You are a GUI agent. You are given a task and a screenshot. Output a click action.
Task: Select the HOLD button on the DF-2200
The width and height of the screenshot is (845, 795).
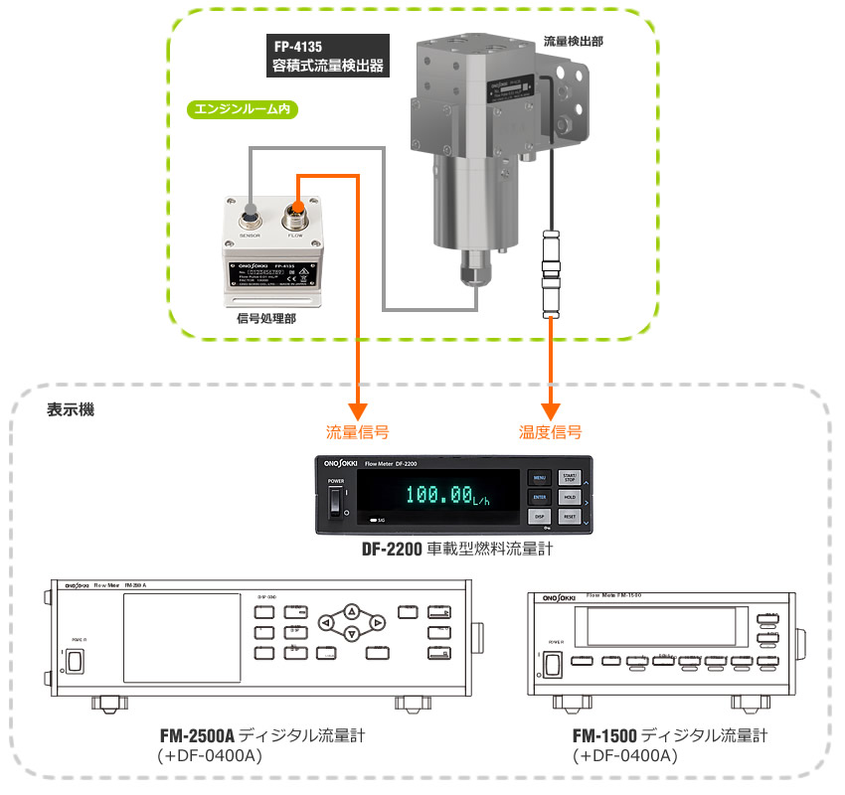(569, 496)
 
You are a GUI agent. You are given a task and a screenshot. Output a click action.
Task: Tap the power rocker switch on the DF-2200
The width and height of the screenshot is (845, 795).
(334, 504)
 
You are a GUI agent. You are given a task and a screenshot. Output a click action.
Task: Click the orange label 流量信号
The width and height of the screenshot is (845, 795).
(357, 432)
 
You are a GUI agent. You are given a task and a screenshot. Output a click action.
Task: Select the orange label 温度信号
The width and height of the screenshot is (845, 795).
(550, 432)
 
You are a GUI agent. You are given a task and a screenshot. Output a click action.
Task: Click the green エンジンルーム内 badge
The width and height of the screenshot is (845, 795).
(244, 108)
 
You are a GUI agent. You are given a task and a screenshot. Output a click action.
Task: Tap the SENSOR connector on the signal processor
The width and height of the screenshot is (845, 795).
(250, 213)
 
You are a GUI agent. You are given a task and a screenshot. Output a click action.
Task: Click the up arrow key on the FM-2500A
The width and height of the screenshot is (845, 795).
(351, 611)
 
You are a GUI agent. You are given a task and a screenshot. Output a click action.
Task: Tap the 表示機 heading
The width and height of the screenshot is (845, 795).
(71, 409)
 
